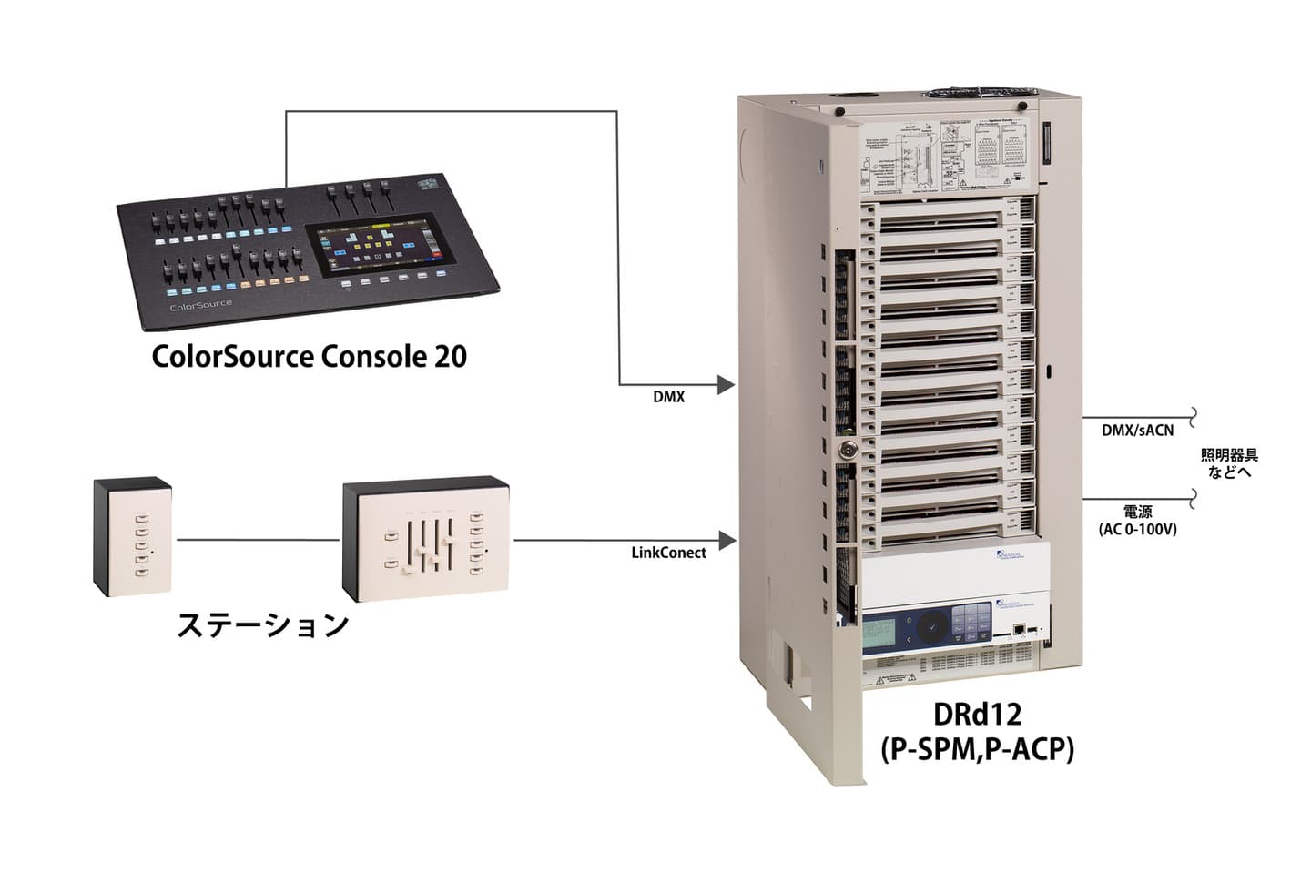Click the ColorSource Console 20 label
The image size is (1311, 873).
click(309, 355)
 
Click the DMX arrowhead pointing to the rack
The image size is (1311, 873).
click(726, 385)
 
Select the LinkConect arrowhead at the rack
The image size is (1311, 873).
click(726, 541)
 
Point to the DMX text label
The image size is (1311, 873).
click(669, 397)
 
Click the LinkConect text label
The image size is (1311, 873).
click(668, 553)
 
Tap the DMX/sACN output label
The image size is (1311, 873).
click(1137, 431)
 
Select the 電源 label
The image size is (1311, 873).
click(1138, 513)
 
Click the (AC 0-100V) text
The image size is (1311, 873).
click(1138, 529)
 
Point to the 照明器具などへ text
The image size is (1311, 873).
click(1229, 463)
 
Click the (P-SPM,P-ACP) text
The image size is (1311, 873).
click(977, 749)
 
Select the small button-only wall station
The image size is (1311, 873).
click(133, 537)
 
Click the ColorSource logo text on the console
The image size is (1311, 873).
click(201, 306)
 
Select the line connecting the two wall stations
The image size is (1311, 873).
click(258, 540)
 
